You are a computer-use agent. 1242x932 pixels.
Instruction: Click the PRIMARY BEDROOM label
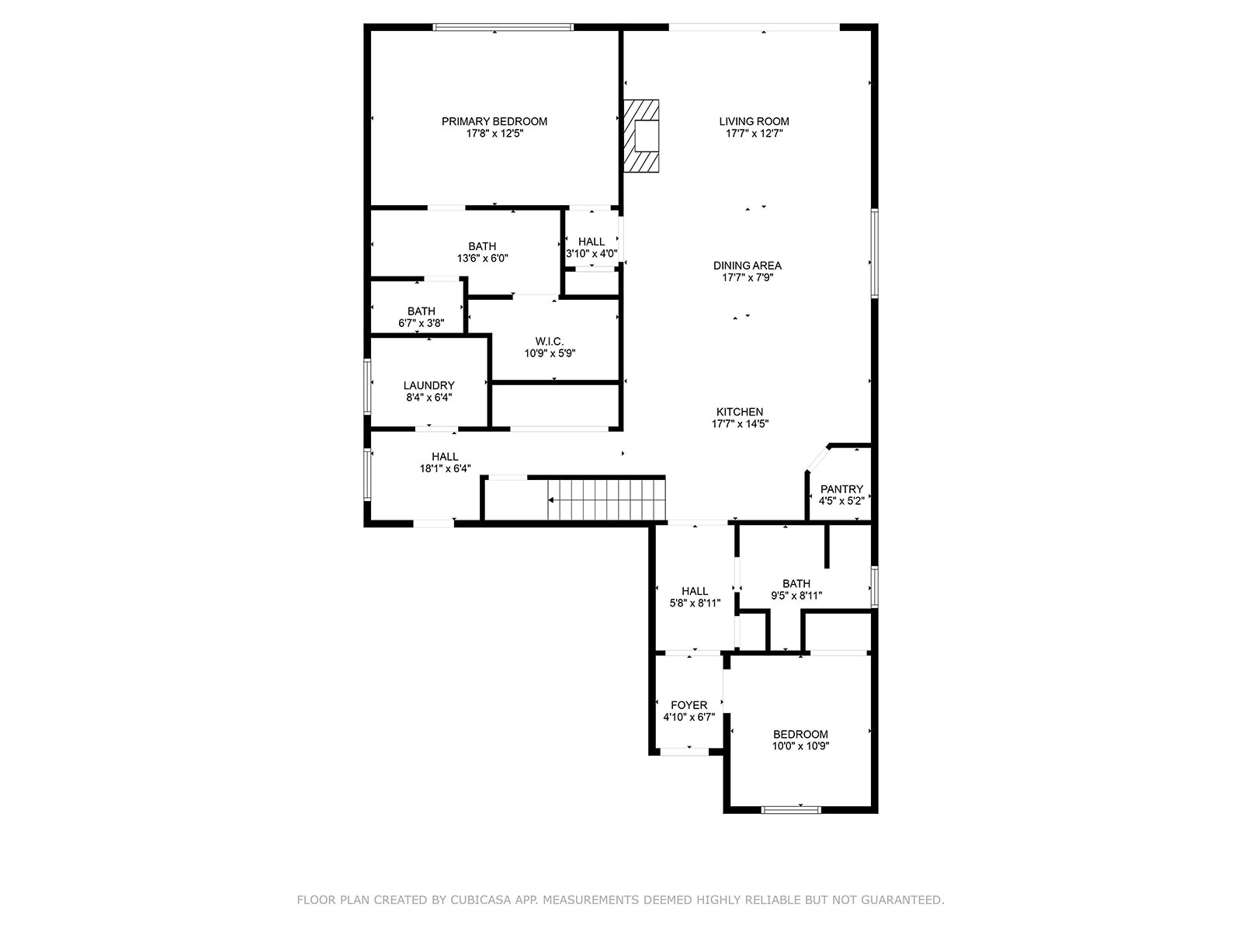[494, 121]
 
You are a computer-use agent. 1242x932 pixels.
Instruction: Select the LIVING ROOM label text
[754, 121]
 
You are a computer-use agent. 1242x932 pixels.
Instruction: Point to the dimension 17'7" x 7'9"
[748, 277]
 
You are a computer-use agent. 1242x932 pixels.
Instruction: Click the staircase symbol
[607, 500]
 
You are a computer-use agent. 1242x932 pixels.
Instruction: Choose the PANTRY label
[841, 489]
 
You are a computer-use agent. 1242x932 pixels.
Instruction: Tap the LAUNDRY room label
[428, 385]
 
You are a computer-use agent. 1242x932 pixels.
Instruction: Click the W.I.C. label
[549, 341]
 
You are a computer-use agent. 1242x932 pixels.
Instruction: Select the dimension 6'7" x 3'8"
[422, 323]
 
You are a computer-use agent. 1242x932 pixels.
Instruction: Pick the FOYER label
[689, 705]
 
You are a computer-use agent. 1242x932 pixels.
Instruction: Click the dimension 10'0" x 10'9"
[800, 746]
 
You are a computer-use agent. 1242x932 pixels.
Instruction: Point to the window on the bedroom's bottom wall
[790, 809]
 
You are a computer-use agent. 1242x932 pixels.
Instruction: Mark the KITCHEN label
[740, 412]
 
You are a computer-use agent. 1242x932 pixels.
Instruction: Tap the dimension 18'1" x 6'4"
[445, 468]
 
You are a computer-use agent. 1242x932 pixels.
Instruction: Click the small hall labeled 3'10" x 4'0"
[592, 242]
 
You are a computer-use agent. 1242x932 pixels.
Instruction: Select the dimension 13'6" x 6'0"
[482, 258]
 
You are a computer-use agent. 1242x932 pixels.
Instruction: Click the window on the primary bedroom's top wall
[503, 27]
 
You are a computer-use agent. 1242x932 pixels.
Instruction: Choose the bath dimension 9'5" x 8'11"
[796, 596]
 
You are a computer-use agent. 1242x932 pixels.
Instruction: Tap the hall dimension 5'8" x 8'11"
[695, 603]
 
